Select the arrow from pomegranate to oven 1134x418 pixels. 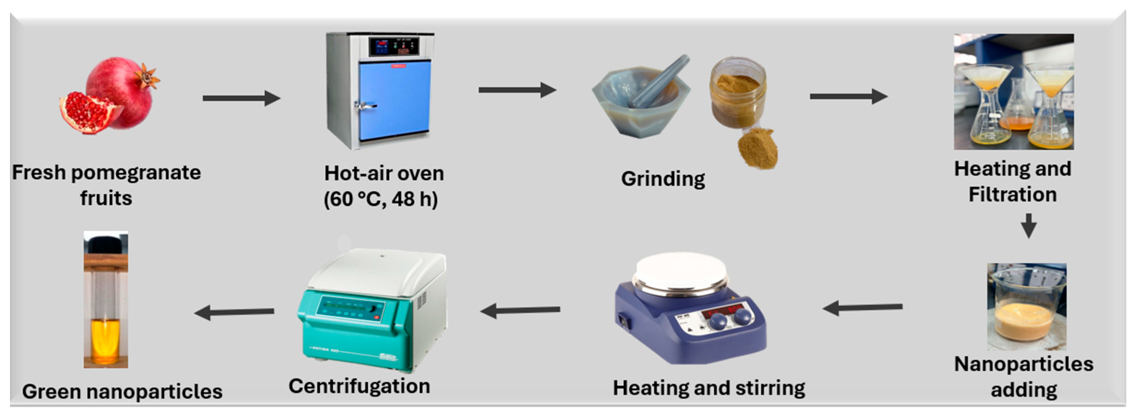(241, 97)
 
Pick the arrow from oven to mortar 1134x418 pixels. (517, 90)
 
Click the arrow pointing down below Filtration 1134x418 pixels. (1029, 226)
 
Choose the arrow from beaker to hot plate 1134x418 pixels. (863, 308)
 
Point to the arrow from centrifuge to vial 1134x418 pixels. (234, 312)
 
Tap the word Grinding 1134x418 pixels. (663, 179)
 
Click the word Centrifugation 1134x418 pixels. (359, 386)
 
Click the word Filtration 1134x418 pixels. (1012, 194)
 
